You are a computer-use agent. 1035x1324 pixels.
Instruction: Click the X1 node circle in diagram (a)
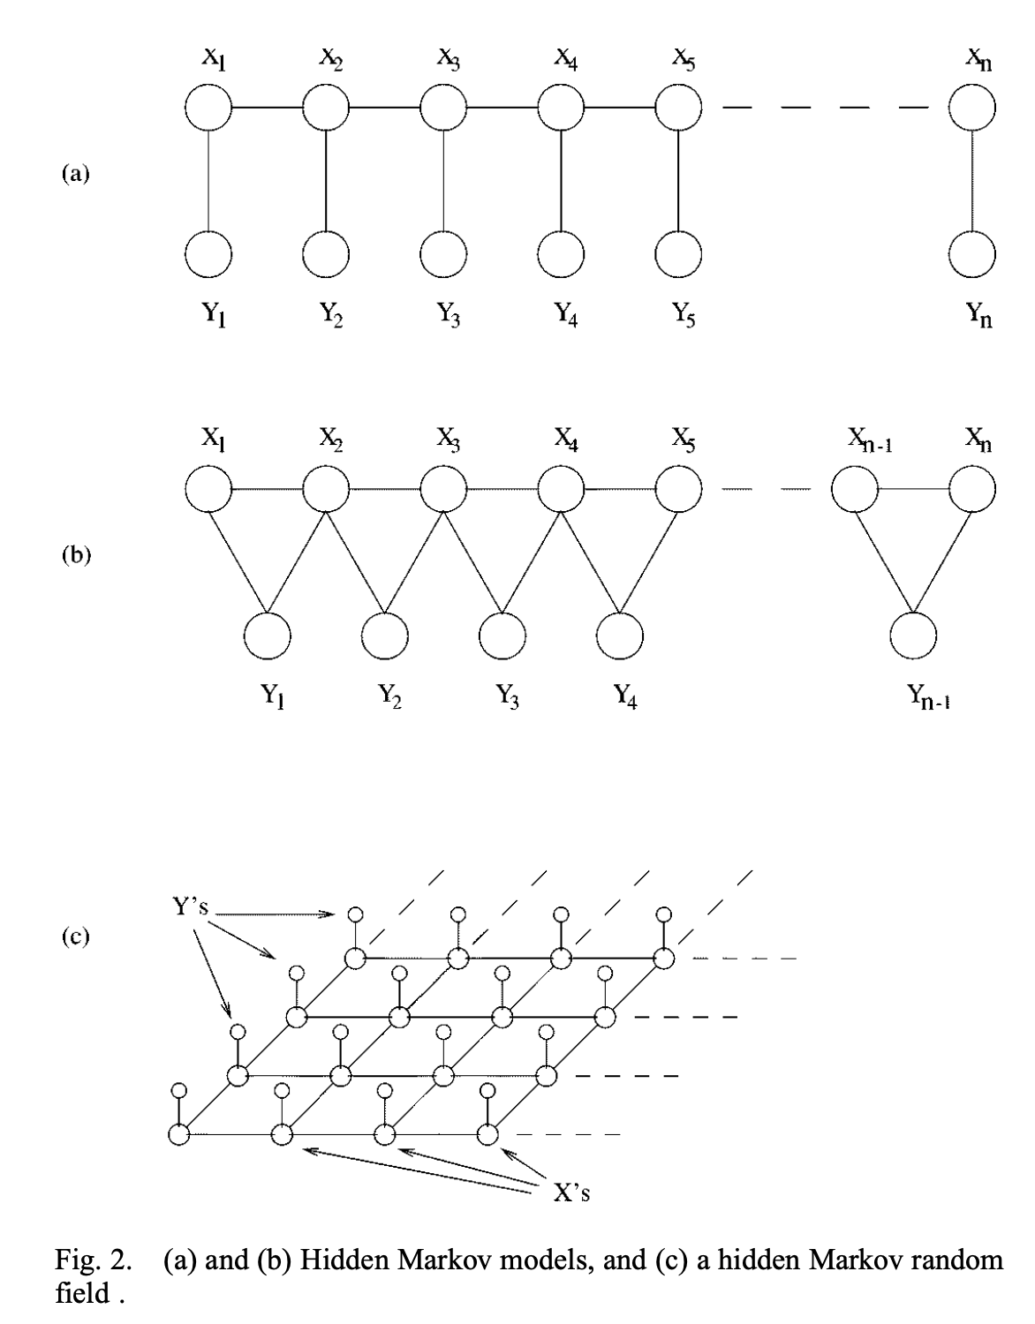click(x=208, y=108)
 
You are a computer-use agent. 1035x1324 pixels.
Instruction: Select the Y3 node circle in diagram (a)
click(x=443, y=253)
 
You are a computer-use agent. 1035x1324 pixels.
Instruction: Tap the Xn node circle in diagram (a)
click(x=971, y=108)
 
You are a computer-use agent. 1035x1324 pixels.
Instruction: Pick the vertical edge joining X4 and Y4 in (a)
click(x=561, y=181)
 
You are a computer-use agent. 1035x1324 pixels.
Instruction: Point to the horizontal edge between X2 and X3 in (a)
click(x=385, y=108)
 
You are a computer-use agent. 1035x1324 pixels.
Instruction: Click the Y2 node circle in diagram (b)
click(x=385, y=636)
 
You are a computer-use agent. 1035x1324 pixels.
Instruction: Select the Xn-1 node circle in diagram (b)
click(x=855, y=488)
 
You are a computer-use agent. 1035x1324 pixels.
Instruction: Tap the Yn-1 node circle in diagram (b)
click(x=913, y=636)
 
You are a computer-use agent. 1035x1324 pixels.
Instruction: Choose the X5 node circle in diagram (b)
click(x=678, y=488)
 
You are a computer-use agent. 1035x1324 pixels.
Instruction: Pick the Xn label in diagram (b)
click(x=978, y=439)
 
